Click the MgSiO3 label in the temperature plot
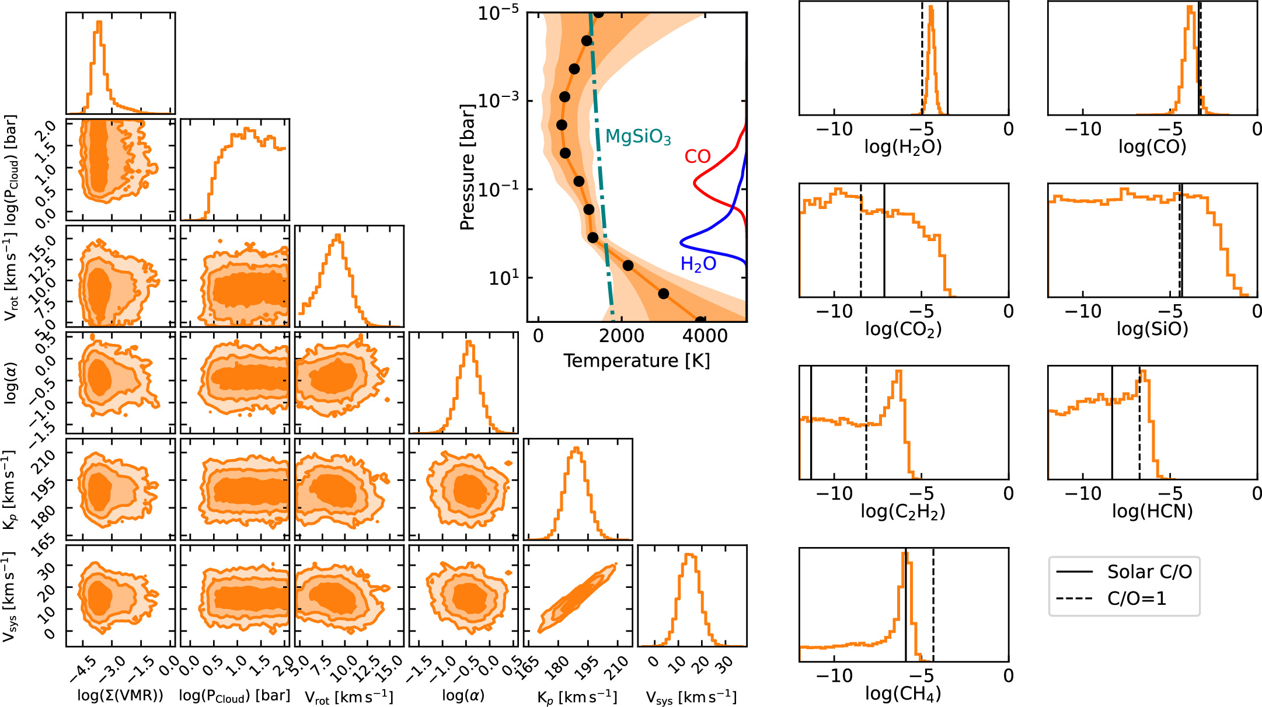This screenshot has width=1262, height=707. [637, 137]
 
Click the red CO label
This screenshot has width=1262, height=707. [697, 156]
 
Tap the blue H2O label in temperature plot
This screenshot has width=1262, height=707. [698, 264]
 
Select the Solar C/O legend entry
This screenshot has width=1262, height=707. [1149, 572]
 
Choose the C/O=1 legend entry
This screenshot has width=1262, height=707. [1136, 598]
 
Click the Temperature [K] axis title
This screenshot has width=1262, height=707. [636, 361]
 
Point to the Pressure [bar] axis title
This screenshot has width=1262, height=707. [467, 168]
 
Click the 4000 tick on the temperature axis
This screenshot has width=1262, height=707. [705, 336]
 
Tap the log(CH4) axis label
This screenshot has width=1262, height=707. [902, 694]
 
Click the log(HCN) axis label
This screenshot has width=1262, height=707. [1152, 511]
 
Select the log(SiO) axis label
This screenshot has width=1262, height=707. [1152, 329]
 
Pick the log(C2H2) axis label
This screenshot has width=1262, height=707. [902, 512]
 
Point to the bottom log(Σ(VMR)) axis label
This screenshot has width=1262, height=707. [120, 695]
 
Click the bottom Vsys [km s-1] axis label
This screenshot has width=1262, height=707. [691, 697]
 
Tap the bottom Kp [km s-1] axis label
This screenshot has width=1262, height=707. [577, 697]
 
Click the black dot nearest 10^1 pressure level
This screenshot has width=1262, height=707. [628, 266]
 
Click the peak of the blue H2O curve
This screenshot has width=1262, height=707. [681, 241]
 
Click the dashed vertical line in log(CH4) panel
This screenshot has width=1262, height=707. [933, 604]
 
